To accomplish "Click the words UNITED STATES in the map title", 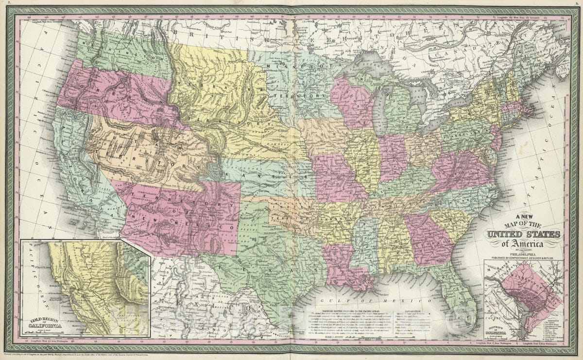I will click(x=524, y=235).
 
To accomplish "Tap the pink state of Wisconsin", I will click(x=350, y=100).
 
